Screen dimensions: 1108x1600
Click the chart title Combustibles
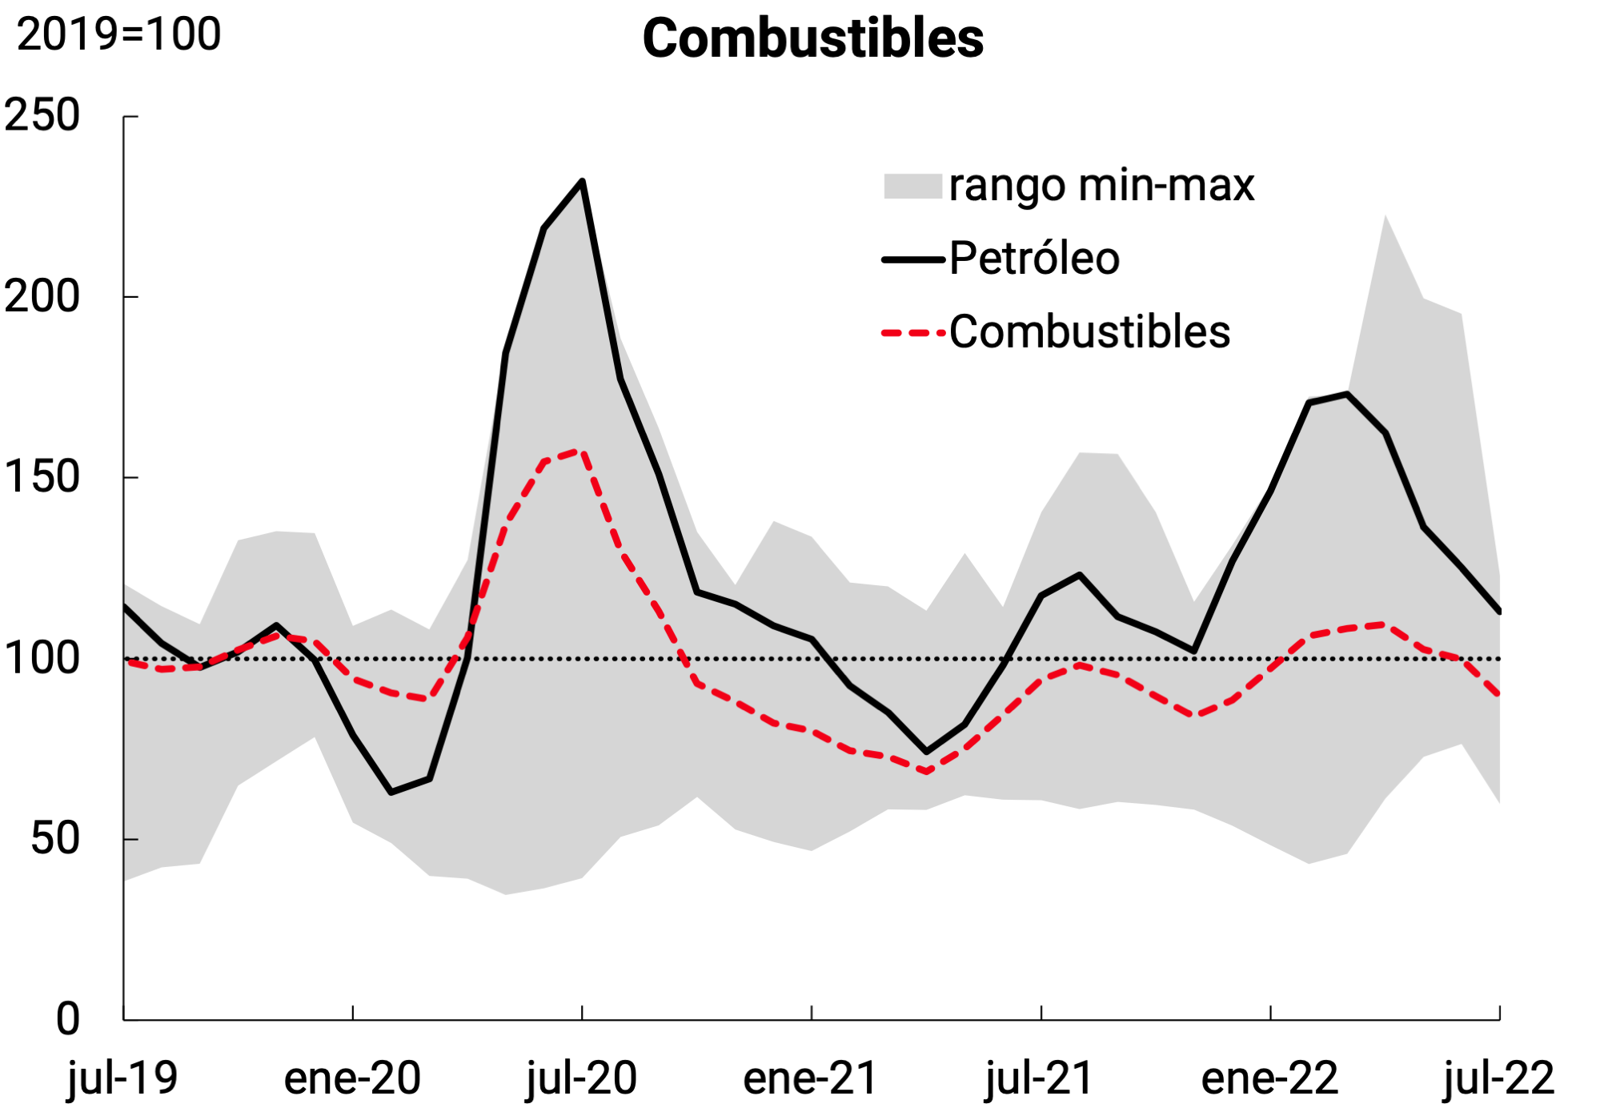pyautogui.click(x=812, y=38)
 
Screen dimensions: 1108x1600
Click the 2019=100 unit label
pyautogui.click(x=118, y=34)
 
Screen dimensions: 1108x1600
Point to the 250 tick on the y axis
pyautogui.click(x=42, y=115)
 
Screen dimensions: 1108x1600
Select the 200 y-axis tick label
pyautogui.click(x=42, y=296)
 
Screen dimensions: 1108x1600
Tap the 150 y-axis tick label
pyautogui.click(x=42, y=477)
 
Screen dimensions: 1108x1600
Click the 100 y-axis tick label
pyautogui.click(x=42, y=658)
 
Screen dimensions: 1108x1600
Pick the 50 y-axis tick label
pyautogui.click(x=55, y=839)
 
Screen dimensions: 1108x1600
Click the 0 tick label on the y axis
pyautogui.click(x=68, y=1019)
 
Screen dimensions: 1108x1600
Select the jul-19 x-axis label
pyautogui.click(x=122, y=1078)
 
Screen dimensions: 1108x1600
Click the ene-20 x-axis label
pyautogui.click(x=352, y=1078)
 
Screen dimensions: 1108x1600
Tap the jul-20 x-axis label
pyautogui.click(x=581, y=1078)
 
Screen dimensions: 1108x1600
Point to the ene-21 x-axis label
pyautogui.click(x=811, y=1078)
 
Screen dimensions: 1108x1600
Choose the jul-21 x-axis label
pyautogui.click(x=1040, y=1078)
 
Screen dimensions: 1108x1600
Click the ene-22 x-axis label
pyautogui.click(x=1269, y=1078)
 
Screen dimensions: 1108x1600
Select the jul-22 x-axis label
pyautogui.click(x=1498, y=1078)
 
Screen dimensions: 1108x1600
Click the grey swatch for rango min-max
pyautogui.click(x=912, y=186)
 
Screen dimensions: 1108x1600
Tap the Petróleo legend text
pyautogui.click(x=1034, y=259)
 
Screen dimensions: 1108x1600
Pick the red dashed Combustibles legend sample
pyautogui.click(x=912, y=332)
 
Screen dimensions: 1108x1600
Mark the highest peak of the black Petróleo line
pyautogui.click(x=582, y=182)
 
